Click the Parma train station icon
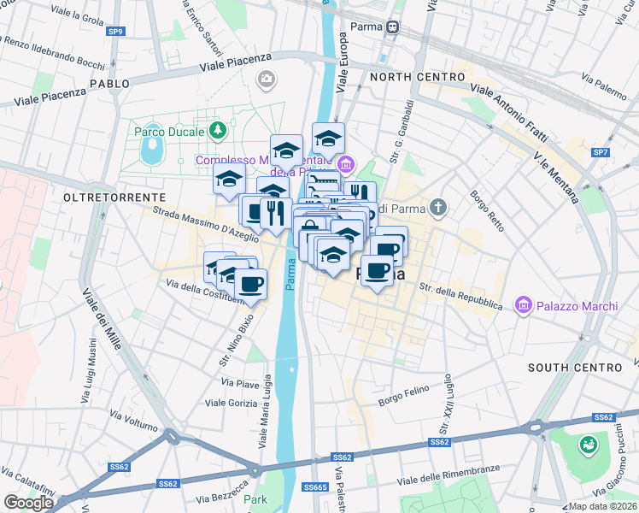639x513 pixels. [x=393, y=27]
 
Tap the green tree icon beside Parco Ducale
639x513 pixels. [x=219, y=131]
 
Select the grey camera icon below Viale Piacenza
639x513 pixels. [x=267, y=80]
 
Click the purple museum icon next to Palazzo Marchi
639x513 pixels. [x=523, y=304]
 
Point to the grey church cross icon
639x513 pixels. [x=438, y=207]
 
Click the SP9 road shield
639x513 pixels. [x=115, y=32]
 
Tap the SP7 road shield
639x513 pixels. [x=601, y=152]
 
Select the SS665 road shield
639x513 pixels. [x=315, y=487]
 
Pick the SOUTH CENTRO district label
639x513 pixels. [x=574, y=368]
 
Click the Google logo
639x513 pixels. [x=28, y=503]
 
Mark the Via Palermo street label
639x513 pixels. [x=603, y=83]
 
